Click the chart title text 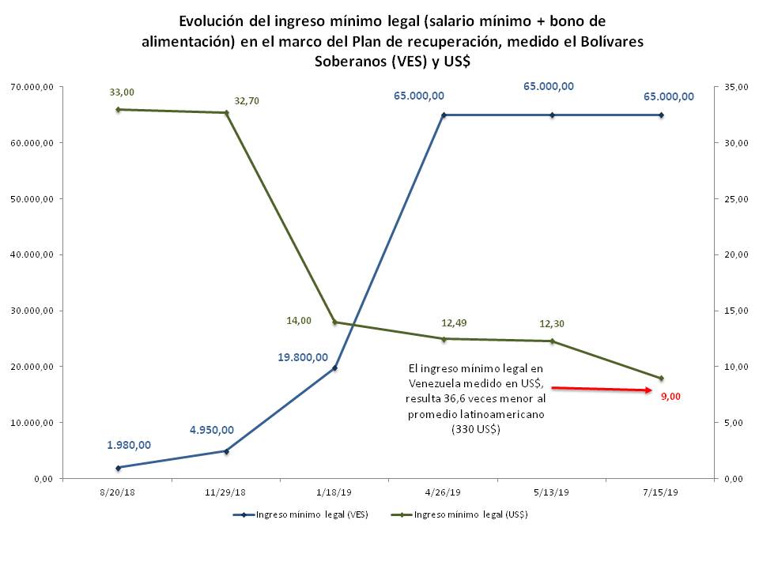point(391,41)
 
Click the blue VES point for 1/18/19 point(334,368)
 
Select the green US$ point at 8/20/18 point(118,109)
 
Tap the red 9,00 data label point(670,397)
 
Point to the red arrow point(601,389)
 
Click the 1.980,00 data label point(129,444)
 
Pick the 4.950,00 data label point(211,430)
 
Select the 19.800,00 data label point(302,357)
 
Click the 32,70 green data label point(247,101)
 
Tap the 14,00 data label point(299,320)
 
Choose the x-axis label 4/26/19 point(443,492)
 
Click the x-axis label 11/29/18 point(226,492)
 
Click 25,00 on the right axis point(735,198)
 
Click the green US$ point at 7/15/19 point(661,378)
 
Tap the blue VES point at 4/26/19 point(444,115)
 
